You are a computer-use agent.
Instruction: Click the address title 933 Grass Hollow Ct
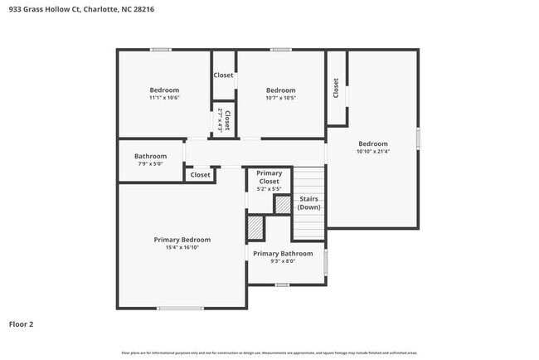point(80,9)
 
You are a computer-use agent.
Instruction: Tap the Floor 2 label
point(22,324)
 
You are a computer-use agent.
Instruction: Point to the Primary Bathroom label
point(283,254)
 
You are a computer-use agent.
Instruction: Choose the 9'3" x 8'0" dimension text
point(283,261)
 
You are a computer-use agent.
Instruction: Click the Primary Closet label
point(269,177)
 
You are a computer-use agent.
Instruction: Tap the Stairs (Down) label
point(308,203)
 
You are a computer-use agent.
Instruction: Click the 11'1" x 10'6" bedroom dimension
point(164,98)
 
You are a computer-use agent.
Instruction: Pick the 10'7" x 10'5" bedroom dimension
point(280,98)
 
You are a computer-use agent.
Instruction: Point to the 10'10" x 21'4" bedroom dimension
point(372,151)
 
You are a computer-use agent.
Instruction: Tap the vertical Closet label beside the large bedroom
point(336,89)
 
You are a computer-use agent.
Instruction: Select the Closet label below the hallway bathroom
point(200,175)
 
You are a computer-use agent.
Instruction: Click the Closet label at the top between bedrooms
point(223,75)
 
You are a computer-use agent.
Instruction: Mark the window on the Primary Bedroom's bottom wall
point(180,309)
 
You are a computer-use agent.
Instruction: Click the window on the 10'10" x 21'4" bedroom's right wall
point(418,139)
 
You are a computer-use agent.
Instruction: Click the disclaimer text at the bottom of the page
point(269,353)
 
